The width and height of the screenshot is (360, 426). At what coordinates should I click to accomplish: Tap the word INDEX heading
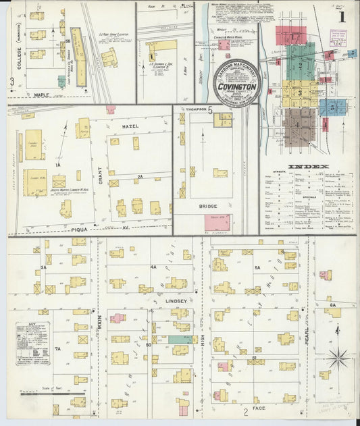308,166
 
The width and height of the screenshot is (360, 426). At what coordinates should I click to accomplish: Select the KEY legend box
33,343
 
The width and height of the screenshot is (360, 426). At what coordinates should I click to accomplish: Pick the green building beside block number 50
179,340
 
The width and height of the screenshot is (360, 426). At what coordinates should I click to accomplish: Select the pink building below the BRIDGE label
217,223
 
